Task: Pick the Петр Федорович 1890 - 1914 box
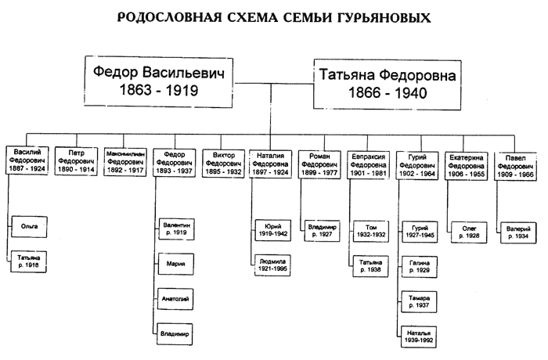[76, 158]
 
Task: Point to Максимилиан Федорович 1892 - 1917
[124, 158]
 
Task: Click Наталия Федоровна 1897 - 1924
[271, 158]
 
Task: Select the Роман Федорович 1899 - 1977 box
[319, 158]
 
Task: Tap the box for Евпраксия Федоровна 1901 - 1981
[369, 158]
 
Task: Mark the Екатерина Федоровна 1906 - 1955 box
[467, 158]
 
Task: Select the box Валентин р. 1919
[175, 229]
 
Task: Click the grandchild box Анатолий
[175, 298]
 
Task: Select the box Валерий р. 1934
[518, 229]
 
